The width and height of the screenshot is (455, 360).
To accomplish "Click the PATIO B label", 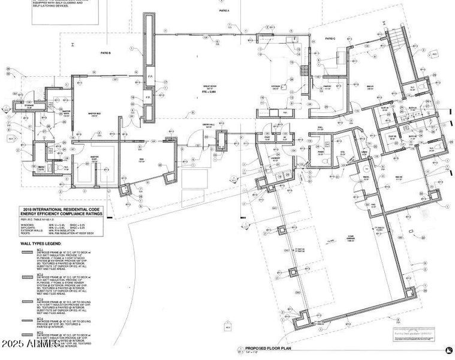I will click(106, 53).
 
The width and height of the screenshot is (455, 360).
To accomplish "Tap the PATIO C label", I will click(330, 38).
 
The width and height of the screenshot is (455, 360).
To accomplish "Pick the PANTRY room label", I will click(328, 86).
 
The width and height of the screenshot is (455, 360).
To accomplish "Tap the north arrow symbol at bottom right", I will click(447, 350).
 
